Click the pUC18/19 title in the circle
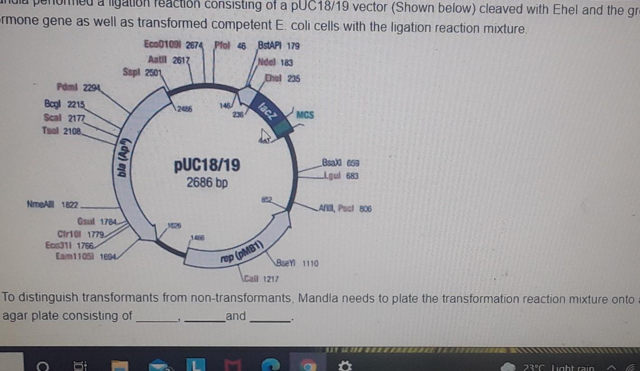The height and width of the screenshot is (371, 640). click(x=207, y=166)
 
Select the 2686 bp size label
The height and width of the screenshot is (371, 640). click(x=207, y=183)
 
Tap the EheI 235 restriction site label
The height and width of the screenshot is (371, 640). click(x=282, y=78)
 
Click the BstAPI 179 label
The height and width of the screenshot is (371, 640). click(x=278, y=46)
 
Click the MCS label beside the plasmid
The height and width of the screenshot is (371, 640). click(x=305, y=115)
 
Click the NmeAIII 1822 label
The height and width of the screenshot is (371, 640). click(x=52, y=205)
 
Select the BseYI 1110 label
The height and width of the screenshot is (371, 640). click(x=297, y=263)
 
